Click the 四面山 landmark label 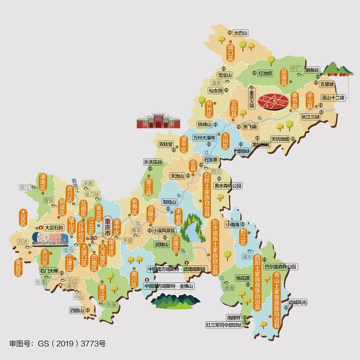[77, 310]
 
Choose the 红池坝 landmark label [265, 73]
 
